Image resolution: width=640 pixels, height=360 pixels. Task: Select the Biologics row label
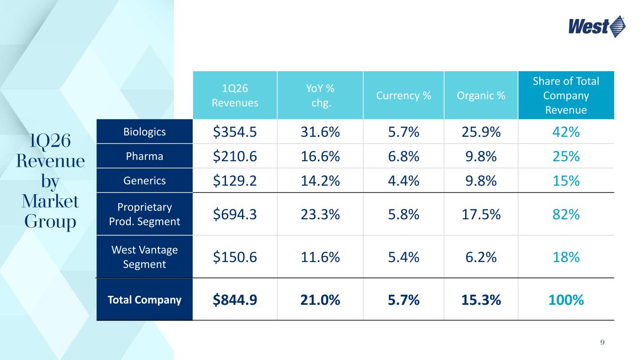point(144,132)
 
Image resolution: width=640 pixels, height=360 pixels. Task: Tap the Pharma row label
point(144,156)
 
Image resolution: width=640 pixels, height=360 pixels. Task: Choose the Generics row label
point(144,180)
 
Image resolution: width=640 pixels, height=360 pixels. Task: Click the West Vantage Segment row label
point(144,257)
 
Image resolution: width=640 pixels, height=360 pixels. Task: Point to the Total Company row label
point(144,300)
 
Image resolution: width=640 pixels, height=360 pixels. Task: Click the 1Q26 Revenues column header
point(235,96)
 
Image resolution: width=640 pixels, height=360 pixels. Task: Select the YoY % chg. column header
point(320,96)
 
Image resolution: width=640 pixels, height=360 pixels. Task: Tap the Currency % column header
point(403,96)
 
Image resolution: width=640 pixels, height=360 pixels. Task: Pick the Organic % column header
point(481,96)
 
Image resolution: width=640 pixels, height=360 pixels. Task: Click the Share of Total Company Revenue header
point(566,96)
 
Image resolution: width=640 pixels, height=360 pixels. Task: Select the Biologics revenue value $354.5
point(235,132)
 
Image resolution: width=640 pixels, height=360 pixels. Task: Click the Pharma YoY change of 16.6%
point(320,157)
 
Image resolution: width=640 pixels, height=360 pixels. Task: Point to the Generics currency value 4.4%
point(403,181)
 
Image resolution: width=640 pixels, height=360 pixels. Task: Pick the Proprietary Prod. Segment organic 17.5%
point(481,214)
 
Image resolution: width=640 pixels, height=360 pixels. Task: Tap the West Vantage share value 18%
point(566,257)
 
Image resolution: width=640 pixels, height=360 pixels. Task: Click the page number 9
point(602,343)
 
